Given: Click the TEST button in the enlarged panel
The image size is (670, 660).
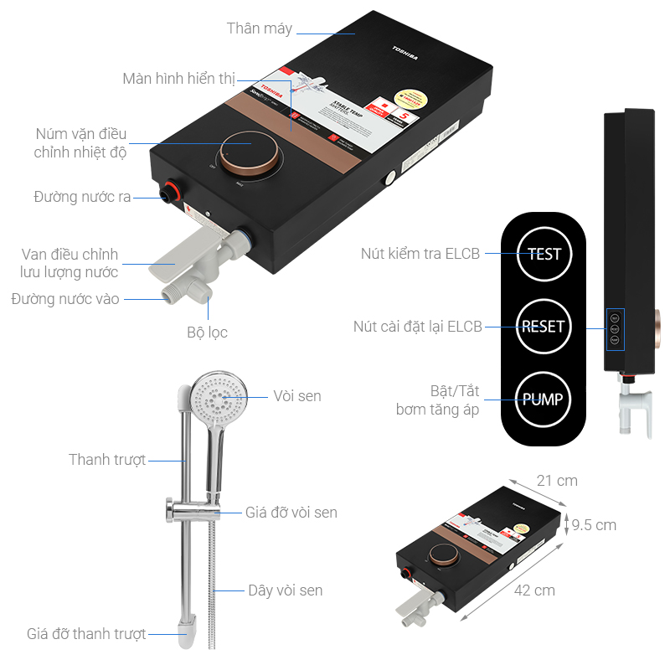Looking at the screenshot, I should coord(544,253).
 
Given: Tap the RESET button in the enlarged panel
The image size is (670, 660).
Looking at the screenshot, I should coord(543,326).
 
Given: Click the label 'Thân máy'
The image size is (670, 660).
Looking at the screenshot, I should coord(260,28).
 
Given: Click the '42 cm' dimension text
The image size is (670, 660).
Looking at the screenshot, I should coord(534,590).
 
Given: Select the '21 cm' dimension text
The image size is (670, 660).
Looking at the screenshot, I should coord(557,481).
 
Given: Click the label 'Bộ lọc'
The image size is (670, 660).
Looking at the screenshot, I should coord(207,332).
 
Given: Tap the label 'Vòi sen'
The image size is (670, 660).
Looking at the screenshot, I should coord(296,395).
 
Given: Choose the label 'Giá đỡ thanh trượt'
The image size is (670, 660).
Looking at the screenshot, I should coord(86,634).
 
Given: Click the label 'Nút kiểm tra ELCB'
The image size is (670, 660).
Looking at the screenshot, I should coord(420,253).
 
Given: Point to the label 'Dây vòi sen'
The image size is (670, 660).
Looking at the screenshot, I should coord(285,590).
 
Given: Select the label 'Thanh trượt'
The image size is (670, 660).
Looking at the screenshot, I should coord(107,460).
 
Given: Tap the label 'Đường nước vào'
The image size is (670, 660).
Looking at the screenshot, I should coord(65,299).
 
